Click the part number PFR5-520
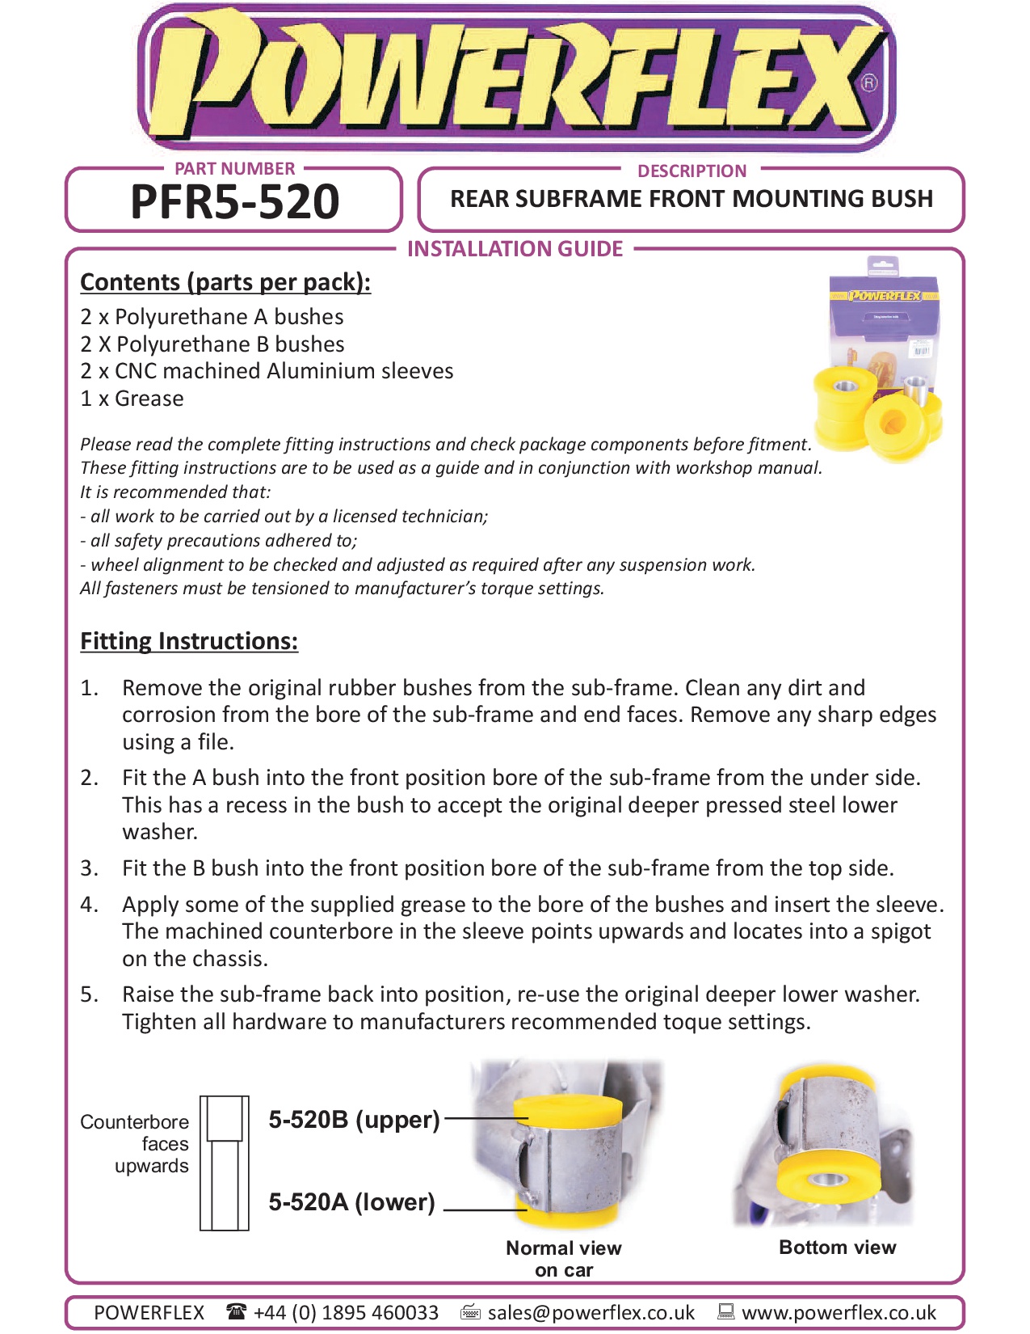click(x=234, y=202)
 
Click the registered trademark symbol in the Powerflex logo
click(x=868, y=82)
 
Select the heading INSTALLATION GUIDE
click(x=515, y=249)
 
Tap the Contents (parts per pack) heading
click(x=225, y=282)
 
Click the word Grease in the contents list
click(x=149, y=399)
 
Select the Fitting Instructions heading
click(x=189, y=641)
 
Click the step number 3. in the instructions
click(x=89, y=868)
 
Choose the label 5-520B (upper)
click(x=354, y=1120)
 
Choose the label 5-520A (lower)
click(x=351, y=1202)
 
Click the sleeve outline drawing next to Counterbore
click(x=224, y=1163)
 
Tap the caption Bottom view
click(x=837, y=1247)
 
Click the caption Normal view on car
click(x=564, y=1258)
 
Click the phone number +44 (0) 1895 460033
click(x=346, y=1312)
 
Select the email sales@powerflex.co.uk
click(x=591, y=1312)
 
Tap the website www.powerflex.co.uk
click(x=839, y=1312)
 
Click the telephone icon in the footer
click(x=237, y=1311)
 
